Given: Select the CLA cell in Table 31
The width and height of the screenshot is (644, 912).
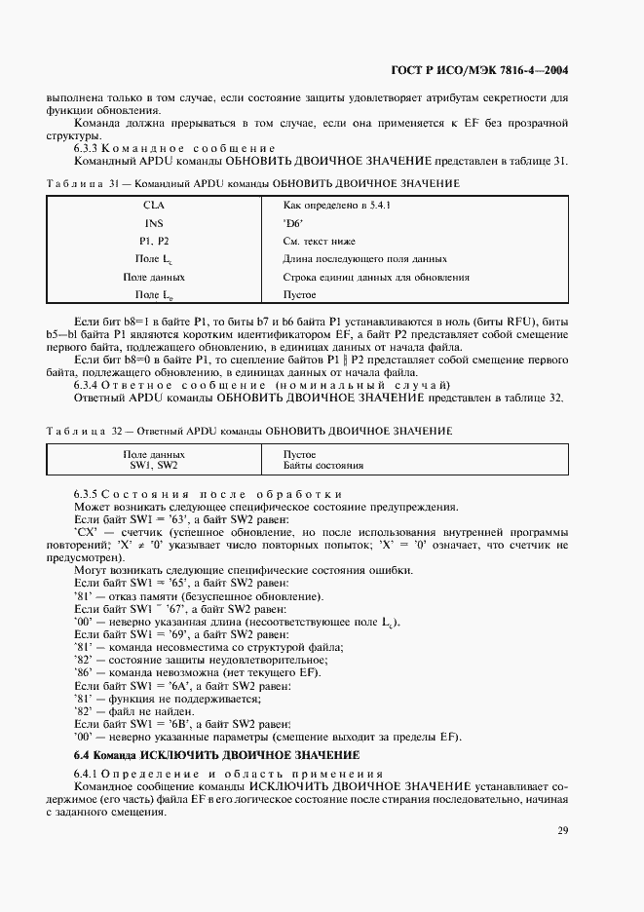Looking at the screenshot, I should click(154, 206).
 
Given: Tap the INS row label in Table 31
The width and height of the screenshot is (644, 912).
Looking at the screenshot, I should click(154, 223).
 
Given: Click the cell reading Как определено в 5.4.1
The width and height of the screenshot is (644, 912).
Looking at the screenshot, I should click(336, 206).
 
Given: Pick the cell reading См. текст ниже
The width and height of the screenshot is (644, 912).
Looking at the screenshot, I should click(319, 241).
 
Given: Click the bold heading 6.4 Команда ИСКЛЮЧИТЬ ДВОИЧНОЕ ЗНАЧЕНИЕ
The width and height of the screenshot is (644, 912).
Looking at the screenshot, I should click(217, 755).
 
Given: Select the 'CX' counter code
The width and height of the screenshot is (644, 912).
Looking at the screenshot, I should click(85, 531).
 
